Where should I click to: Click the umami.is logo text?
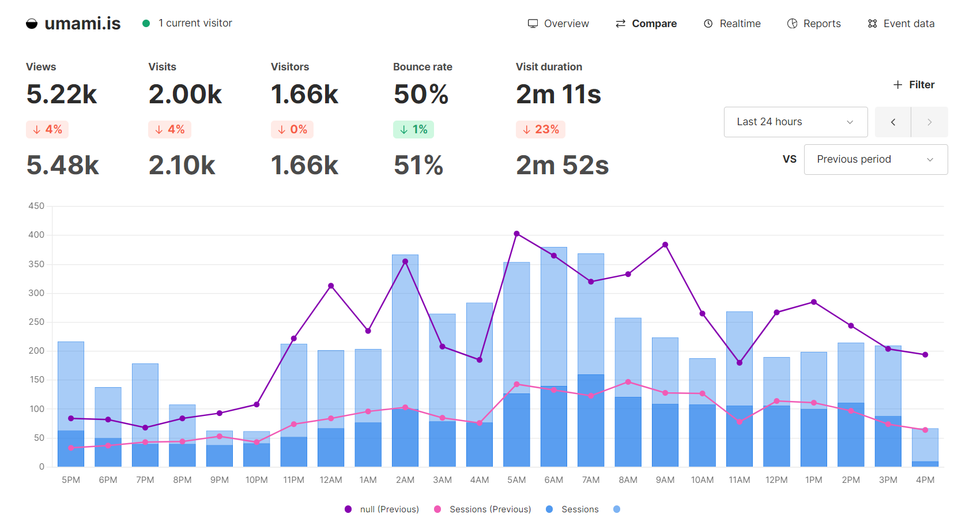point(82,23)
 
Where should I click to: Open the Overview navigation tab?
point(558,24)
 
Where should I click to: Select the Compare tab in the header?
point(646,24)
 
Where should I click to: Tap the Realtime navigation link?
point(732,24)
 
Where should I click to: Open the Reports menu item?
point(814,24)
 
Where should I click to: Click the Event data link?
point(901,24)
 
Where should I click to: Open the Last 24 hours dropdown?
point(795,122)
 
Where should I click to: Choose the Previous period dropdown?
point(876,159)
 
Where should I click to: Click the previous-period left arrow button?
point(893,122)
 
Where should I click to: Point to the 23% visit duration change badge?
point(541,129)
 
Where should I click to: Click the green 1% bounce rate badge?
point(413,129)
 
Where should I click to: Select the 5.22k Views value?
point(62,94)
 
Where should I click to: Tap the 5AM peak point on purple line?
point(516,234)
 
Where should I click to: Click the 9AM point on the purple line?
point(665,245)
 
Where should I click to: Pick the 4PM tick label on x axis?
point(925,480)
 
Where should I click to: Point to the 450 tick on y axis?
point(36,206)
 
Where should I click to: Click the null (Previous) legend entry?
point(382,509)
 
